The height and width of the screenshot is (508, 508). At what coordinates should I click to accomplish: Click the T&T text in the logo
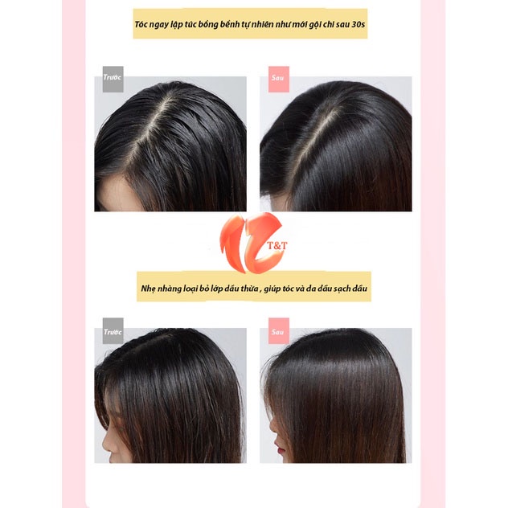pos(277,246)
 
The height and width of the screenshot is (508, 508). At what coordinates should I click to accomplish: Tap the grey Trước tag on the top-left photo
pos(113,79)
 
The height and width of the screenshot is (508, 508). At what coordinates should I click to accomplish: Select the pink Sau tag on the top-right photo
pos(279,79)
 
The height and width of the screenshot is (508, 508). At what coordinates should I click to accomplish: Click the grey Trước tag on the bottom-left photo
pos(113,330)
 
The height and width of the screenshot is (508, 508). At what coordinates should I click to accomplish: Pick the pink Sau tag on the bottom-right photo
pos(279,330)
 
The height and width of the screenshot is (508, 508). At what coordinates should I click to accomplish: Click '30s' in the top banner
pos(358,25)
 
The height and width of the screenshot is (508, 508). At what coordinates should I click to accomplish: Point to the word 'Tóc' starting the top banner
pos(141,25)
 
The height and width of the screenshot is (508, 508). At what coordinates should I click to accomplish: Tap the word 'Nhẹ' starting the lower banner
pos(149,289)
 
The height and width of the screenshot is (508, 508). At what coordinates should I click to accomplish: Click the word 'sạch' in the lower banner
pos(342,289)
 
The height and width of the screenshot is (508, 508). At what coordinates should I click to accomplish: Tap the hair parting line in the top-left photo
pos(149,129)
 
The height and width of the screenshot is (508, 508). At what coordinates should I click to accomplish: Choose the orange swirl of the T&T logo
pos(249,243)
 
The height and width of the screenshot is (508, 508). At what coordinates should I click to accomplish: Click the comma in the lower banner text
pos(260,291)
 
